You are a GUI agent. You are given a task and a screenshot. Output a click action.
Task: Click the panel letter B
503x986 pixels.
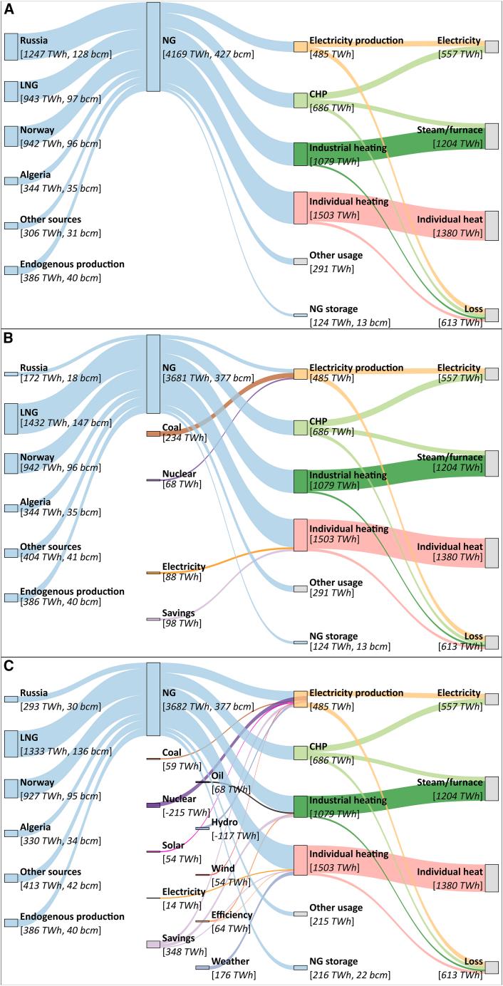click(9, 338)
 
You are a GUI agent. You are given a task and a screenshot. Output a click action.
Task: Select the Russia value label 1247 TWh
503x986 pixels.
click(61, 54)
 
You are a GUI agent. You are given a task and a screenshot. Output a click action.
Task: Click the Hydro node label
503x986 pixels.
click(225, 822)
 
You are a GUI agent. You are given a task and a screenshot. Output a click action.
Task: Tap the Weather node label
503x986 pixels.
click(231, 962)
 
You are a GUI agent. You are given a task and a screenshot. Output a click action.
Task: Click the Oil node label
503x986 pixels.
click(219, 775)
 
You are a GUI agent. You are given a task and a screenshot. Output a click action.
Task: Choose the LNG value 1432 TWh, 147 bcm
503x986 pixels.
click(66, 423)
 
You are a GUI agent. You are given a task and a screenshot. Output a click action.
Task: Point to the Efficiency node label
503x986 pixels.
click(232, 915)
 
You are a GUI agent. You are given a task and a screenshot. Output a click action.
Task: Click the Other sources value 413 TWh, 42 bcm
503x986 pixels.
click(61, 885)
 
